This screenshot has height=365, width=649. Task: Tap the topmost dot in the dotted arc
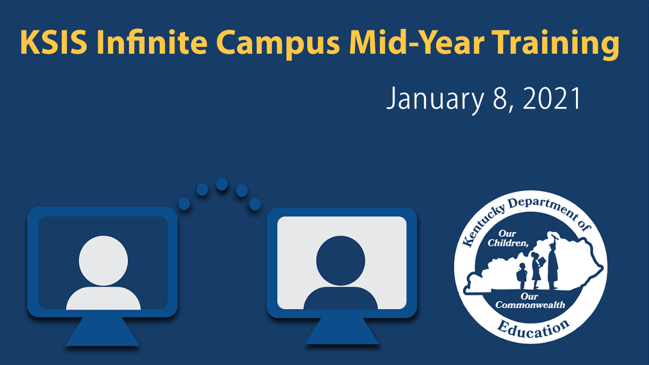pos(222,184)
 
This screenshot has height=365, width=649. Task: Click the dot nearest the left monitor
pos(184,204)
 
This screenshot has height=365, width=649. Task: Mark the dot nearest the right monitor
pos(255,204)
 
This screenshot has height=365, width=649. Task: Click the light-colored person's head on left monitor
pos(103,260)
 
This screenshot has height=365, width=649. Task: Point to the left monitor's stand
pos(102,333)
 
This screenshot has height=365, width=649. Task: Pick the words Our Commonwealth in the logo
pos(530,301)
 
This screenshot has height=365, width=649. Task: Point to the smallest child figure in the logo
pos(521,276)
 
